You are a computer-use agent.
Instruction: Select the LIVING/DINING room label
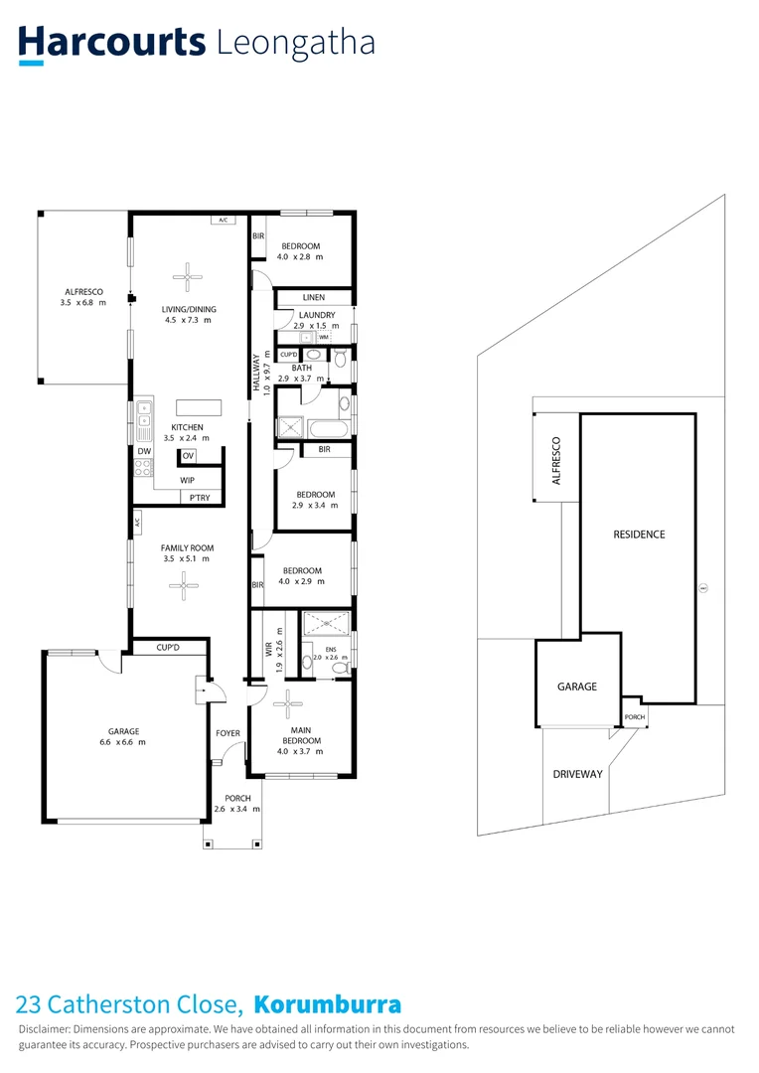189,309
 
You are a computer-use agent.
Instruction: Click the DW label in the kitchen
144,451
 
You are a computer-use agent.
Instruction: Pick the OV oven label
188,456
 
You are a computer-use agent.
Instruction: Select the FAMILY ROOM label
188,548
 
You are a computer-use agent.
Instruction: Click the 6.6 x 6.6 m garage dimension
123,742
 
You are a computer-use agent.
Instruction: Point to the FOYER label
228,733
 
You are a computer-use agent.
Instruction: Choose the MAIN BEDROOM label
301,735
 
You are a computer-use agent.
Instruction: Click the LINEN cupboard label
314,297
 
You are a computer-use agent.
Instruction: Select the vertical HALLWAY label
256,372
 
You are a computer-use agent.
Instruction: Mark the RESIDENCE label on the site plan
639,535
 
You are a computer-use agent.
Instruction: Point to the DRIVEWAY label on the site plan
578,774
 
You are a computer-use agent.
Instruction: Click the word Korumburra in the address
328,1003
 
